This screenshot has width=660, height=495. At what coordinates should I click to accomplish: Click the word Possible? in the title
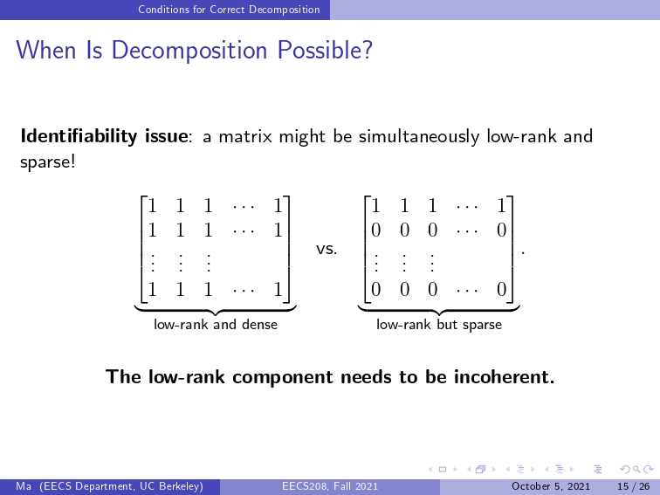point(326,50)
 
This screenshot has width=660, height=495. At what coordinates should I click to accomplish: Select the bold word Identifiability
point(79,136)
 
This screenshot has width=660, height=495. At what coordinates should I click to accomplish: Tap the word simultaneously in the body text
point(419,137)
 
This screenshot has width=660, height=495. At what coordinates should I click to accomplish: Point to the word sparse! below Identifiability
point(48,162)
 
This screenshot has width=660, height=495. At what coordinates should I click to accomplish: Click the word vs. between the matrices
point(327,249)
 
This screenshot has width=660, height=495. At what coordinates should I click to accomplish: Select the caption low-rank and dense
point(216,325)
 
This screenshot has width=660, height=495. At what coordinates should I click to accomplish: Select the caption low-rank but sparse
point(439,325)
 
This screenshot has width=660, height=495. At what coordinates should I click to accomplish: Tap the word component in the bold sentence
point(283,378)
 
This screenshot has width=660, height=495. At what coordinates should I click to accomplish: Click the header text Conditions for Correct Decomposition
point(229,10)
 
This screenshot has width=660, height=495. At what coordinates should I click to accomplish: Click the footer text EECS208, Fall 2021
point(330,486)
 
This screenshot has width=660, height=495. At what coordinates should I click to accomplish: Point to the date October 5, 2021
point(551,486)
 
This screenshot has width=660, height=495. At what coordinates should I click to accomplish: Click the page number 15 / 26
point(634,486)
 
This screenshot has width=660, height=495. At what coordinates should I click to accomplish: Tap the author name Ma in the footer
point(24,486)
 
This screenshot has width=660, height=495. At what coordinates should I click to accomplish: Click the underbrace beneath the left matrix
point(216,311)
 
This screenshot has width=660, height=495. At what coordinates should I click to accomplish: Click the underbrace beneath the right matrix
point(439,311)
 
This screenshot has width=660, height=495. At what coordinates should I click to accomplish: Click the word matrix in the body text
point(245,137)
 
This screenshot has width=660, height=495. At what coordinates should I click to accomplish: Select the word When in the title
point(46,50)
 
